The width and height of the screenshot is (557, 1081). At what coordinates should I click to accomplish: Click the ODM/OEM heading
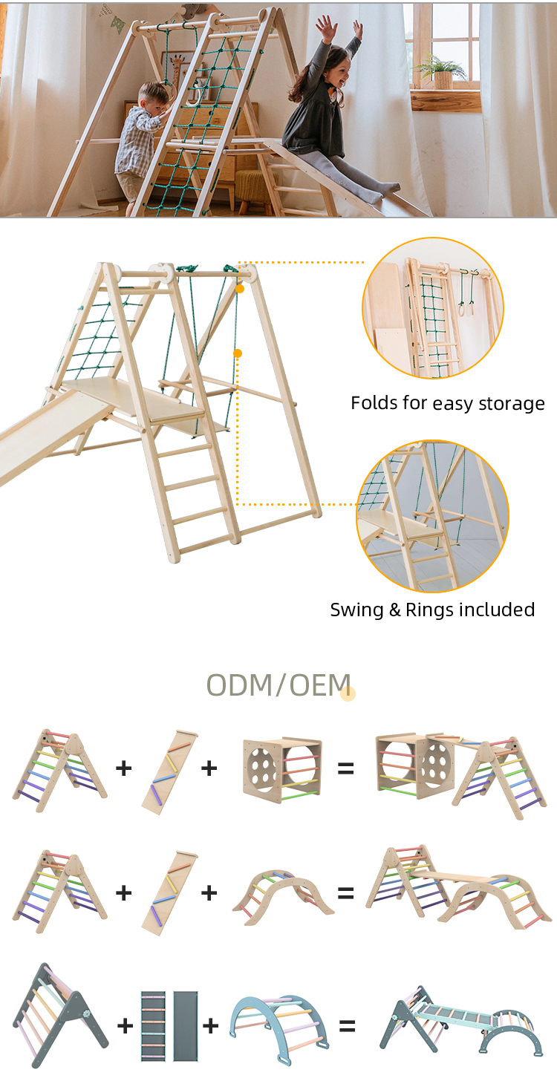(278, 685)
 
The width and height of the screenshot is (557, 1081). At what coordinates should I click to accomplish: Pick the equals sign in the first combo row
(345, 769)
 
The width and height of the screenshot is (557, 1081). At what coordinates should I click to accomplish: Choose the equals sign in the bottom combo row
(347, 1027)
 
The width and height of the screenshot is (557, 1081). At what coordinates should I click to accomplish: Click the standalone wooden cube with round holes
(281, 768)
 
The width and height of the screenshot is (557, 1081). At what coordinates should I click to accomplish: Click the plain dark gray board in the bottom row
(186, 1026)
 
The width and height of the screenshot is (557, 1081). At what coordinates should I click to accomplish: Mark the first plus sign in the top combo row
(123, 768)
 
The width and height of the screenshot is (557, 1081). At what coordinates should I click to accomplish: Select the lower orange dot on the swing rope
(238, 353)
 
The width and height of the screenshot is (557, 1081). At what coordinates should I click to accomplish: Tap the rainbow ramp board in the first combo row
(169, 772)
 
